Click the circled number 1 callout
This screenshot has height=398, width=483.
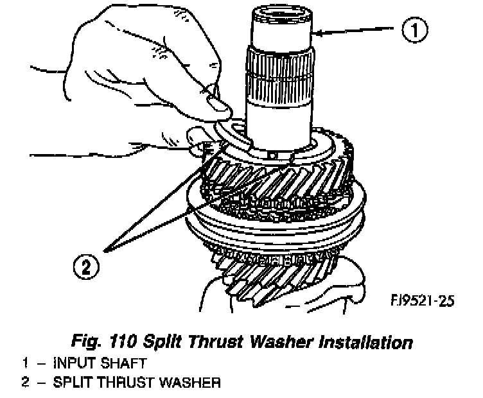click(415, 30)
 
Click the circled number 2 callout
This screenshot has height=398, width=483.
click(86, 266)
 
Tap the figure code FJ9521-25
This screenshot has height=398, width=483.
click(423, 300)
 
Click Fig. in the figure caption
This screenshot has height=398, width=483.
click(86, 342)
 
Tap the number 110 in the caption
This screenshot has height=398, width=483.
click(122, 342)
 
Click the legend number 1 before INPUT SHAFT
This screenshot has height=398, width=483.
click(26, 363)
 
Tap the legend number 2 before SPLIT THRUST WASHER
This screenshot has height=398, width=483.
click(26, 383)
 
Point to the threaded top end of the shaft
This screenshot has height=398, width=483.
click(282, 15)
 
